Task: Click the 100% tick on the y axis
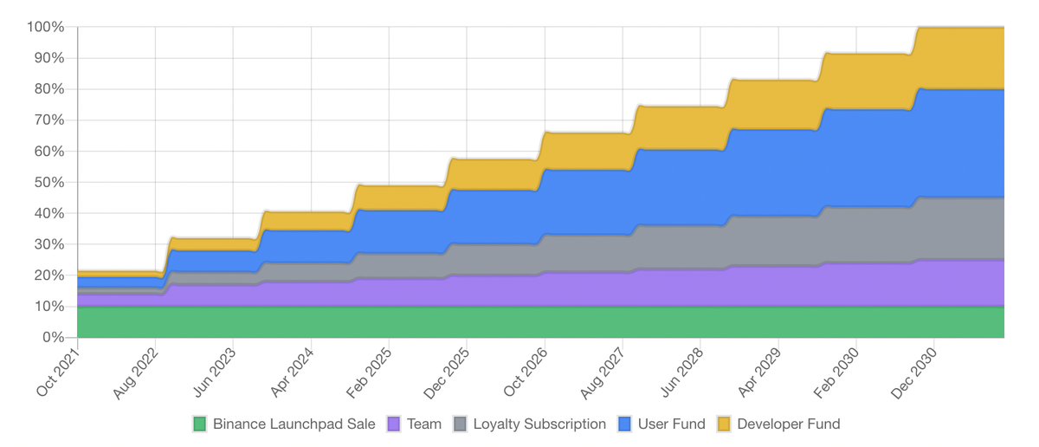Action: coord(46,27)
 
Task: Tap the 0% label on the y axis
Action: coord(53,337)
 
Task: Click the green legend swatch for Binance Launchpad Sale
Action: coord(200,424)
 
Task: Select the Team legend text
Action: coord(423,424)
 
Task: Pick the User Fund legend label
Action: coord(672,424)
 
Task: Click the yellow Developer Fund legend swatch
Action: coord(723,424)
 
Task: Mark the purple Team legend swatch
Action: coord(394,424)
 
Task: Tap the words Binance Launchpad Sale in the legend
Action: coord(294,424)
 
